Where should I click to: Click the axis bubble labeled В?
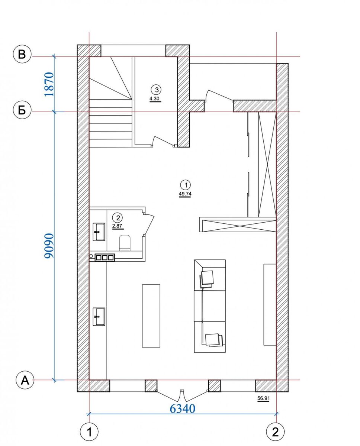[22, 55]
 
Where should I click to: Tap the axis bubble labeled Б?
[22, 110]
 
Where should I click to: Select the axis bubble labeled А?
[25, 380]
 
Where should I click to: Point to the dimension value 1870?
[49, 84]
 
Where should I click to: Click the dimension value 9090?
[49, 246]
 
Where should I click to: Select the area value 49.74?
[185, 194]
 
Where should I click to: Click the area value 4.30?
[155, 98]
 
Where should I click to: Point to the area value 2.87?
[118, 226]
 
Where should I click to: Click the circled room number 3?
[157, 90]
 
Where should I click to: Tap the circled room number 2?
[118, 218]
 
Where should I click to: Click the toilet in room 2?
[125, 243]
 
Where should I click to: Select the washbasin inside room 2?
[99, 232]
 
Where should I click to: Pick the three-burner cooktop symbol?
[105, 258]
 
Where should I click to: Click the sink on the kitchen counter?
[99, 317]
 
